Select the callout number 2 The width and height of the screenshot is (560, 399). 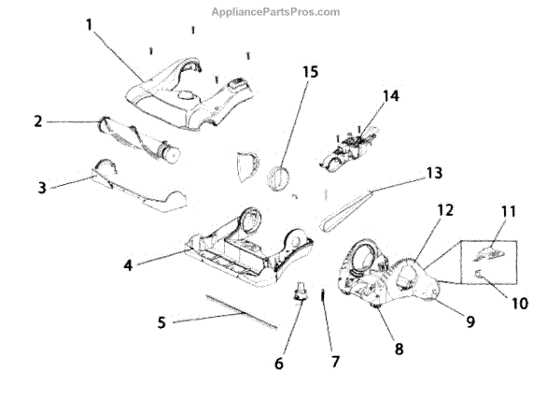[37, 121]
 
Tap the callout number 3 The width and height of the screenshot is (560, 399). [42, 187]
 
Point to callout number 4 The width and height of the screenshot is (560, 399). [127, 264]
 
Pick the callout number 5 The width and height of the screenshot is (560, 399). [161, 323]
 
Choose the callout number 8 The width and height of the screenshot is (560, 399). [399, 349]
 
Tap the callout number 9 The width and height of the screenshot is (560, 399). [470, 321]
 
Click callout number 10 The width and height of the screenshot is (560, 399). [520, 304]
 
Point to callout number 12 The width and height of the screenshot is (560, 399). [446, 211]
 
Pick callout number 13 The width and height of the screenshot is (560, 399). [432, 173]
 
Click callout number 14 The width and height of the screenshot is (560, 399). [390, 95]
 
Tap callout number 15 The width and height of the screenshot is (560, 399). [310, 72]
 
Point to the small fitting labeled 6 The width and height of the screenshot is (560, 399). [301, 292]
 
